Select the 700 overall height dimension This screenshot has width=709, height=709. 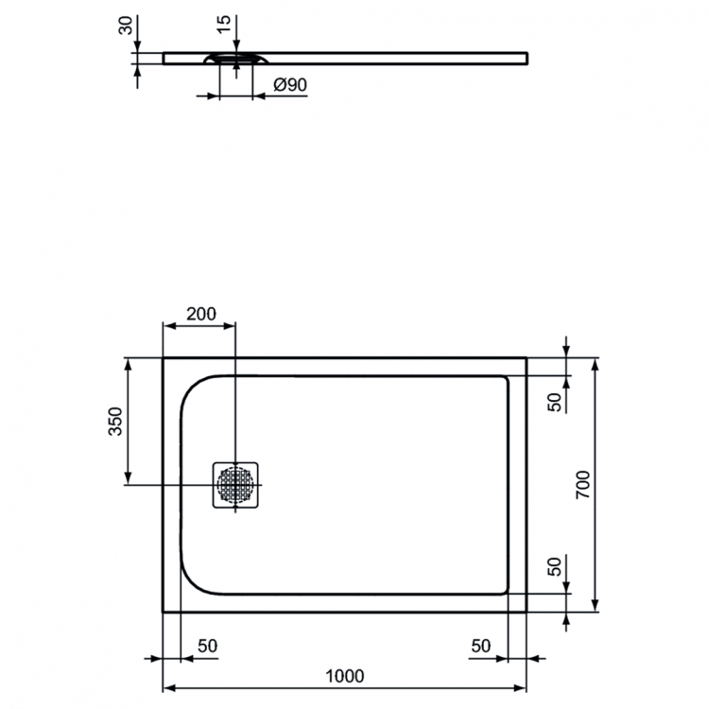tap(582, 484)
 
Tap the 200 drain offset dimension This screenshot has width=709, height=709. tap(200, 314)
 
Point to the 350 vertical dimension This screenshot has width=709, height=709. tap(114, 420)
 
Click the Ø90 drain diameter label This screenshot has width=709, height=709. tap(289, 85)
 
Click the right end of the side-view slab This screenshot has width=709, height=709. tap(525, 58)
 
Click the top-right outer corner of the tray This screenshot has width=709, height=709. tap(527, 358)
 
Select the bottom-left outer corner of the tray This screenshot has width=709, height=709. tap(164, 611)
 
